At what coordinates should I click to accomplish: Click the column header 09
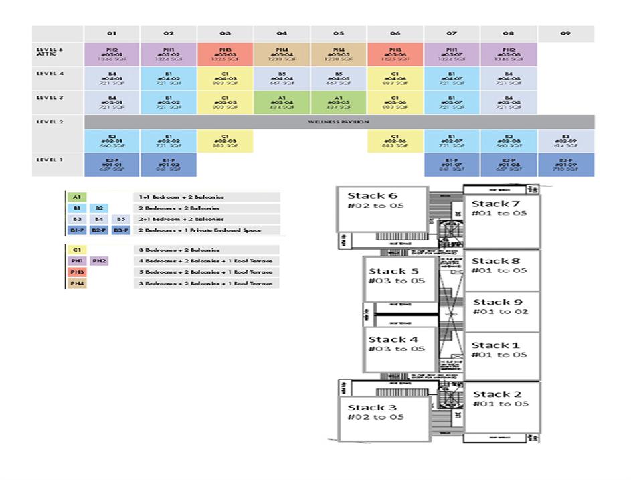click(565, 33)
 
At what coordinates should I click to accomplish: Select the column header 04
click(282, 33)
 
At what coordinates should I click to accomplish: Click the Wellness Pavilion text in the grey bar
click(339, 122)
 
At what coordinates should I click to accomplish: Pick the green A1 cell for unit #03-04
click(282, 102)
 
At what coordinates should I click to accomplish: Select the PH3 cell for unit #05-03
click(225, 54)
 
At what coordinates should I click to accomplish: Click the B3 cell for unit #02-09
click(565, 141)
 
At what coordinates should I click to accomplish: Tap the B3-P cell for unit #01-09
click(565, 165)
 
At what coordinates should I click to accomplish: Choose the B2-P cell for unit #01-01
click(112, 165)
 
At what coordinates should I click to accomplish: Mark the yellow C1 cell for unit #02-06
click(395, 141)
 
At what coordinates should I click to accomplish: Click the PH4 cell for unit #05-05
click(339, 54)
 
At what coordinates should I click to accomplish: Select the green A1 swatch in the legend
click(76, 197)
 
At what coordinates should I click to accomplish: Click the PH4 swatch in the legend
click(76, 283)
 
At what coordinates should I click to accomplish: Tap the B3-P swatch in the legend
click(120, 230)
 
